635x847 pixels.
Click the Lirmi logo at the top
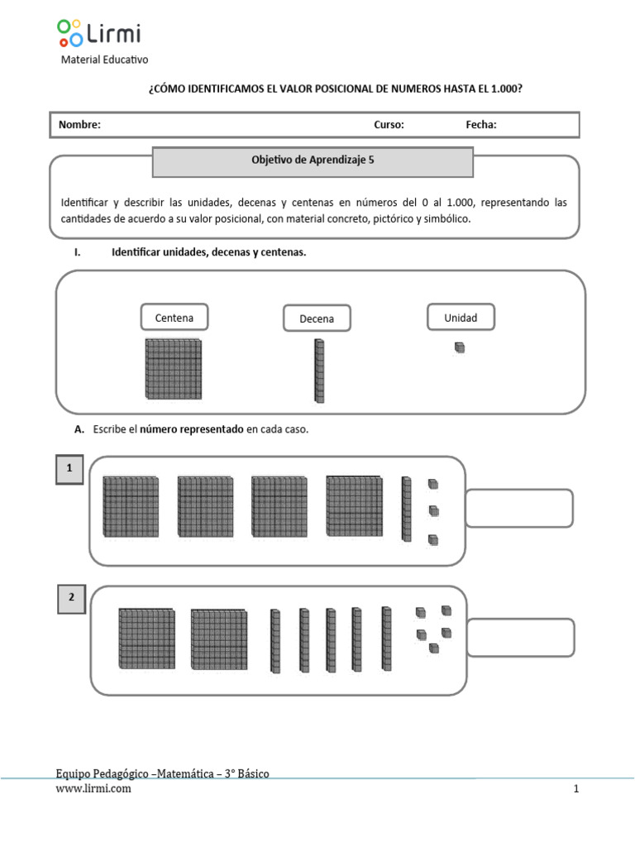tap(98, 33)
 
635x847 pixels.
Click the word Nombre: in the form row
tap(79, 125)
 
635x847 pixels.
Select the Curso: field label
tap(389, 125)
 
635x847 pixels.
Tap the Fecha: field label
tap(481, 125)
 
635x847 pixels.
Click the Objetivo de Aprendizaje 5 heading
tap(313, 161)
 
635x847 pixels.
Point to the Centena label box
tap(174, 317)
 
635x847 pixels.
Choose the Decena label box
tap(317, 318)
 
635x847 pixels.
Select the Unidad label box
tap(461, 317)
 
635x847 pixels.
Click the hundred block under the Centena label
tap(174, 369)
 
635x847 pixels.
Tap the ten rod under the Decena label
tap(319, 371)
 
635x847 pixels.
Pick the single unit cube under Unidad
tap(460, 348)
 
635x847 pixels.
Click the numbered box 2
tap(72, 599)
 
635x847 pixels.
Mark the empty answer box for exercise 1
tap(519, 508)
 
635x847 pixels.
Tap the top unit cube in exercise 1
tap(432, 484)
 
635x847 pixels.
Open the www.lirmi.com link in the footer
tap(93, 789)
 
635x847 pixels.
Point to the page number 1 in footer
tap(577, 789)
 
